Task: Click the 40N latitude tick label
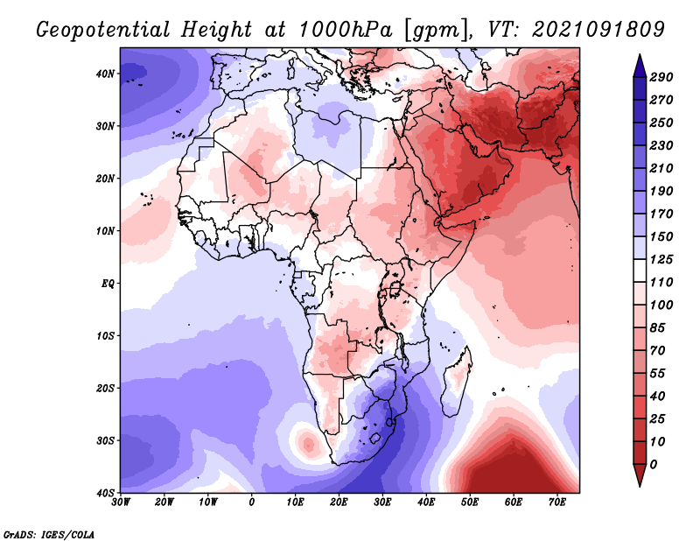tap(105, 74)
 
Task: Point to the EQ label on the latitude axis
tap(108, 284)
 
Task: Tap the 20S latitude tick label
tap(105, 388)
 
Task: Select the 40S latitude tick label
tap(105, 493)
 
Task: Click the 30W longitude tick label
tap(121, 502)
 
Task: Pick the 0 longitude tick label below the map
tap(252, 502)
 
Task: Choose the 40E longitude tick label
tap(426, 502)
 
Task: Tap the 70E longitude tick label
tap(557, 502)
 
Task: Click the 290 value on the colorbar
tap(661, 77)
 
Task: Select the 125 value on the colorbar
tap(661, 259)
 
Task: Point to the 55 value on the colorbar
tap(657, 374)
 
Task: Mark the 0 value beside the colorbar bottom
tap(653, 465)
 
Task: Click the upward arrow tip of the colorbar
tap(640, 54)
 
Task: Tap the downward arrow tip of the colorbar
tap(640, 486)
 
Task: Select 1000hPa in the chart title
tap(345, 30)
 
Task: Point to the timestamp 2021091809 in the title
tap(598, 30)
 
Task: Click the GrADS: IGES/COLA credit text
tap(49, 534)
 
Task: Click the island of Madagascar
tap(457, 382)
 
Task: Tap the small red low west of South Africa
tap(308, 444)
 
